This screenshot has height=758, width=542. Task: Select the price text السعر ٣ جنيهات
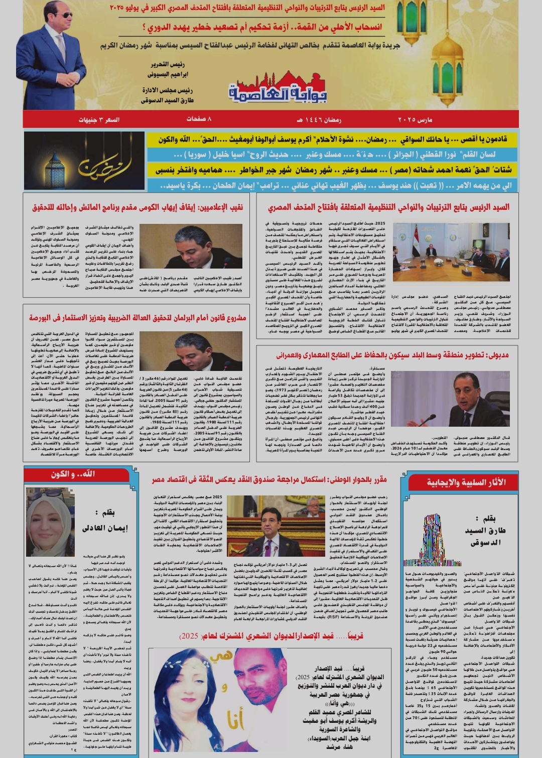[98, 119]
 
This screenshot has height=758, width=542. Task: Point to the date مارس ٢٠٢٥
[415, 119]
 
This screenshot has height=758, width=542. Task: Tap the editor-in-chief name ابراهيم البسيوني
[168, 74]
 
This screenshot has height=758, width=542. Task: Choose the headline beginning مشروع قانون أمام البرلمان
[138, 317]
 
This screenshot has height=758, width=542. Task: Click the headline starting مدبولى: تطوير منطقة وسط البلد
[392, 355]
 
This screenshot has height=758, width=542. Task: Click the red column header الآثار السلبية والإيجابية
[466, 482]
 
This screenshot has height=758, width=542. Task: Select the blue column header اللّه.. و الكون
[73, 474]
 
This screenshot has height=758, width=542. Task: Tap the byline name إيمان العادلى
[105, 528]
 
